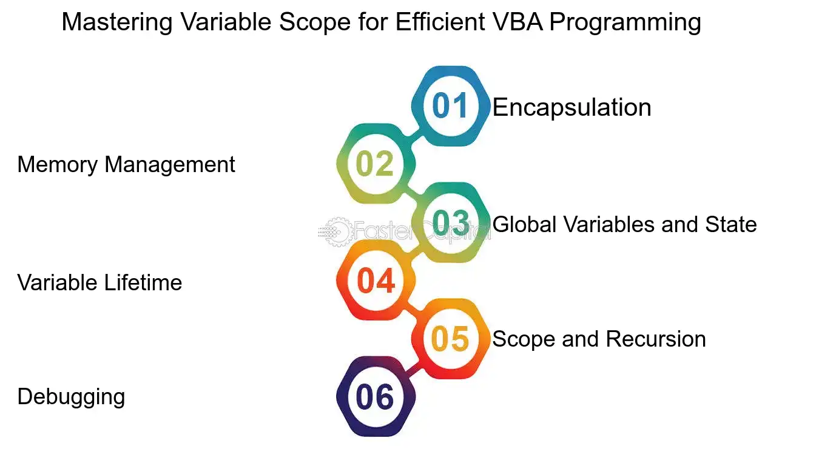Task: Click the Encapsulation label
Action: click(572, 108)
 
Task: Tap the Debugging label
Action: click(72, 397)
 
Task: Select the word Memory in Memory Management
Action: click(58, 165)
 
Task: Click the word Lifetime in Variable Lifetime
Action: click(143, 282)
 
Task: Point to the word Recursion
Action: click(656, 339)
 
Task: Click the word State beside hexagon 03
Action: click(731, 224)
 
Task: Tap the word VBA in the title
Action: click(517, 22)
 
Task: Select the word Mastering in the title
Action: click(117, 22)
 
